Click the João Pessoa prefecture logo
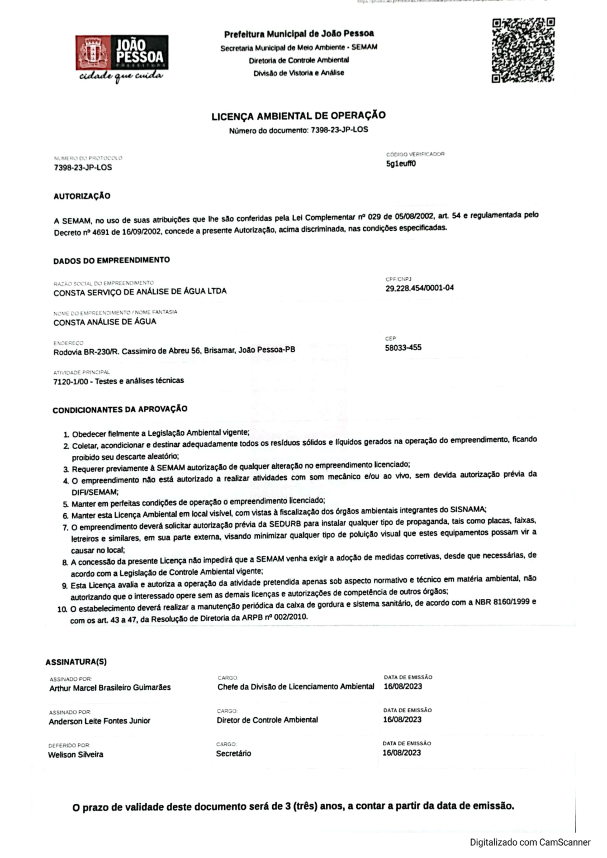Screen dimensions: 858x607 122,58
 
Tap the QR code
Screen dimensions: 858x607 523,50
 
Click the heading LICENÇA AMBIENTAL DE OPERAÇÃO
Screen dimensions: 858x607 298,116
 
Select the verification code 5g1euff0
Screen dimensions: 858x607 401,164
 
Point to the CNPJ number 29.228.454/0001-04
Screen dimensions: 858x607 419,288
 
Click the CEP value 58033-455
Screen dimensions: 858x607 403,347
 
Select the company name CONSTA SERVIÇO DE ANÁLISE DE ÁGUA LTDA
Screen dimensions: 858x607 140,292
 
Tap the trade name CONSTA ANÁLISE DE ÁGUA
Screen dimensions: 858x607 105,322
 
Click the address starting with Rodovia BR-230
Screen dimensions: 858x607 174,351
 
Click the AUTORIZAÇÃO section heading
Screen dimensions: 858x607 82,196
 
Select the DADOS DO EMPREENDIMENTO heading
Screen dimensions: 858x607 111,260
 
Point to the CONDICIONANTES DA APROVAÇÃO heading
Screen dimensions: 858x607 120,409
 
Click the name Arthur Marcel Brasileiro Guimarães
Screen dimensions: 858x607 110,688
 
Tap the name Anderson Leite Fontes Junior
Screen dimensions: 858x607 99,721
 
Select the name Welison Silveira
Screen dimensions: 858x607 75,755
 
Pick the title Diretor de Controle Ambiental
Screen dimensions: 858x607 267,720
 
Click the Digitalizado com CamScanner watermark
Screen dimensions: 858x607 529,842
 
